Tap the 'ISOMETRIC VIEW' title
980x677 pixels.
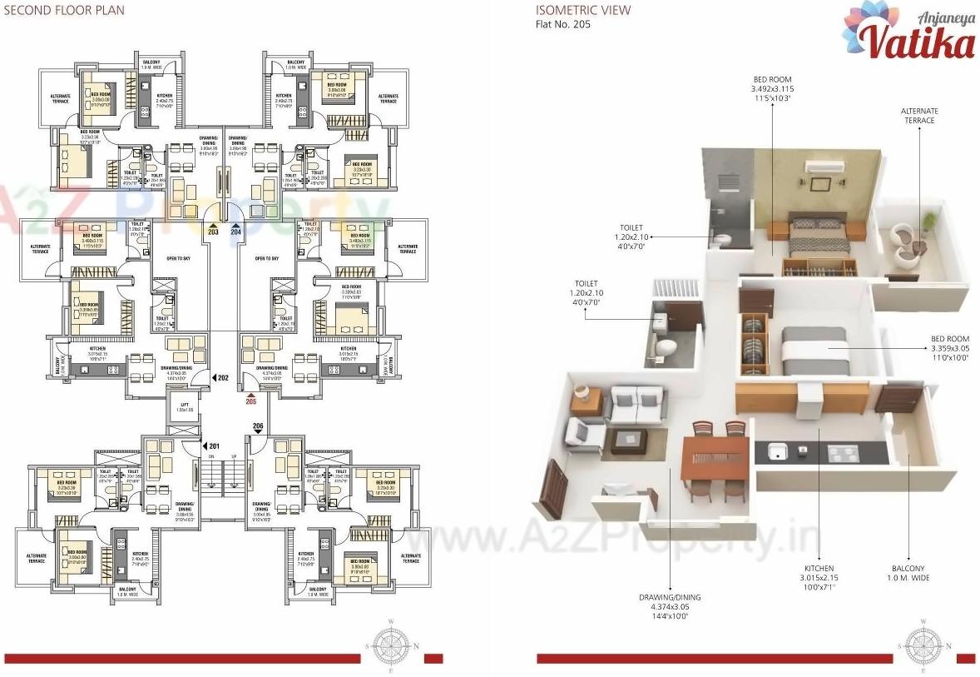[582, 11]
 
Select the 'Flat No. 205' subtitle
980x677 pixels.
[562, 24]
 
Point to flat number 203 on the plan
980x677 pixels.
[214, 232]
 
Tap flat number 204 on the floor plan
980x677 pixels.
[235, 232]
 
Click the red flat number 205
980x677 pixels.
[251, 401]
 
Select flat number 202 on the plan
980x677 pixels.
[221, 378]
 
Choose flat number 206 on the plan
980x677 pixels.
[257, 426]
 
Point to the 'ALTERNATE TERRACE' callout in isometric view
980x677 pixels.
[919, 116]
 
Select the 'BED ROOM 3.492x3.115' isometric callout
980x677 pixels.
[772, 88]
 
